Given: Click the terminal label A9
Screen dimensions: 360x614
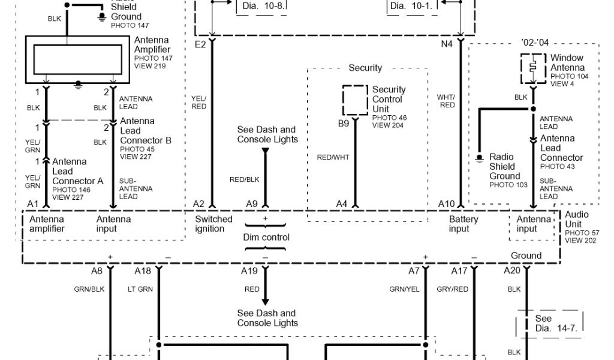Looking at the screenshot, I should (x=252, y=204).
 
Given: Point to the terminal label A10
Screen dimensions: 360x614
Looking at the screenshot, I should (x=446, y=204).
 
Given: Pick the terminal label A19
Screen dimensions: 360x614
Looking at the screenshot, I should (x=250, y=271).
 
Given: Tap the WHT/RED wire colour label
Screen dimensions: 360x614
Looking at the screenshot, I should (x=446, y=101).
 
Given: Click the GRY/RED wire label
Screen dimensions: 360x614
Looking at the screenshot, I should (x=452, y=289).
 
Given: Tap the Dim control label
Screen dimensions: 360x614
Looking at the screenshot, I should (x=266, y=237).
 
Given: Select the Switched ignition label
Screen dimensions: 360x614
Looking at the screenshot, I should (x=213, y=224).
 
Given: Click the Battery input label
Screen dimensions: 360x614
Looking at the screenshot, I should (x=463, y=224).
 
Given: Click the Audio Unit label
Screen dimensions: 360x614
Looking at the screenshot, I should (x=577, y=219).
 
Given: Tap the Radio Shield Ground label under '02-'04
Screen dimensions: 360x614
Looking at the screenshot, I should (x=504, y=166).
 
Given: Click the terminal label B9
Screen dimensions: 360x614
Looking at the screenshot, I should (x=343, y=124).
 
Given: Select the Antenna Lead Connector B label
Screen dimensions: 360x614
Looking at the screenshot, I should (x=145, y=131).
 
